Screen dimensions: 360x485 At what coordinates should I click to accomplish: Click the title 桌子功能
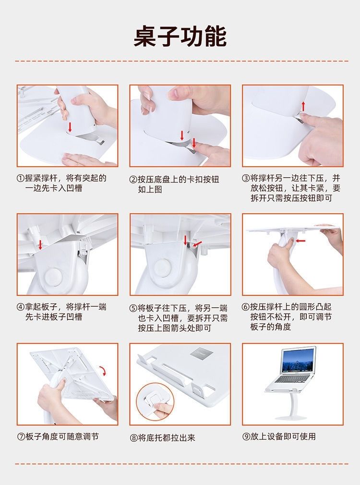[180, 36]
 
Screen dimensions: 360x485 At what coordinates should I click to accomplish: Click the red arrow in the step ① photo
[70, 127]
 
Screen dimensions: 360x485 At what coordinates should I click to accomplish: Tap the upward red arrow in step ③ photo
[303, 106]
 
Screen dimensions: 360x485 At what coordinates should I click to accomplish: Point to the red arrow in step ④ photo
[40, 244]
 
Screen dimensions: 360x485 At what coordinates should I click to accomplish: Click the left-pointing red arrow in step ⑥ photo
[300, 240]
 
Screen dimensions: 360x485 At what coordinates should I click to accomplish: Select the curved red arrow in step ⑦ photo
[103, 371]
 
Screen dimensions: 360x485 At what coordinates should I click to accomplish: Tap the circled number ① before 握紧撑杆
[21, 179]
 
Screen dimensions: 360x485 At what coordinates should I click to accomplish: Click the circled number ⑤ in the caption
[133, 308]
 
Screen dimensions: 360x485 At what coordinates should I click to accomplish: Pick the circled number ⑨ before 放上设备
[246, 436]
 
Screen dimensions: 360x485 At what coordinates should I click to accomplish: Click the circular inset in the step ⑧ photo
[155, 402]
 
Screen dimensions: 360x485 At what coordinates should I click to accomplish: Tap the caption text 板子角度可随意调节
[62, 436]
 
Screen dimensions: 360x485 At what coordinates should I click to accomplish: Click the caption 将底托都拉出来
[167, 437]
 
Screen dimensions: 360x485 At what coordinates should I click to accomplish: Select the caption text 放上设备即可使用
[283, 436]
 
